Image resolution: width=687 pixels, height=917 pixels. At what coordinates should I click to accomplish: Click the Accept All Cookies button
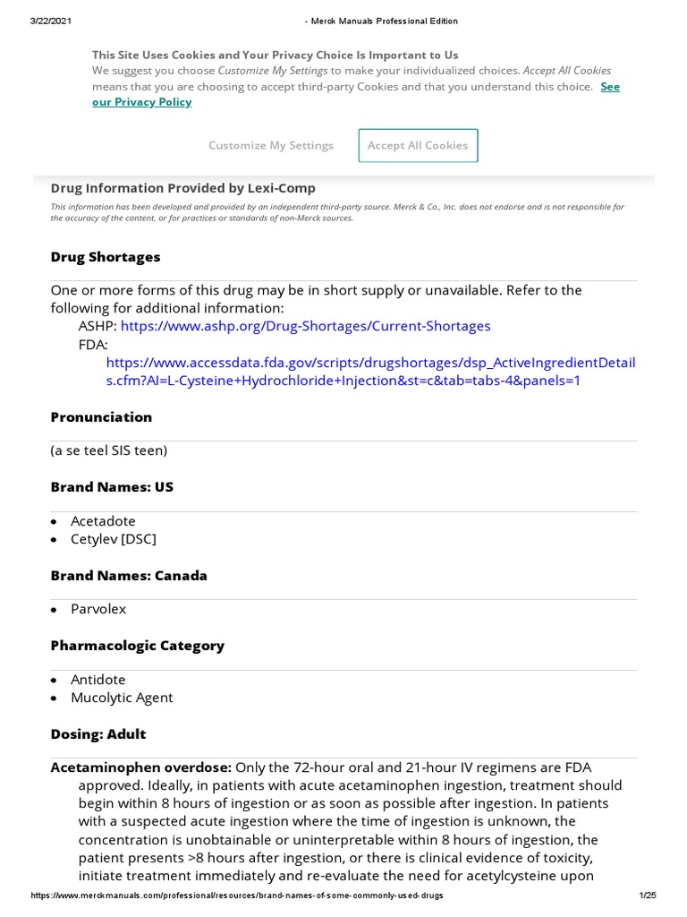coord(418,145)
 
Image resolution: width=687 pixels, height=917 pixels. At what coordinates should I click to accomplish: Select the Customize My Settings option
coord(271,145)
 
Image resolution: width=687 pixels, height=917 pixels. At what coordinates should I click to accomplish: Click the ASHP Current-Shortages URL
coord(305,326)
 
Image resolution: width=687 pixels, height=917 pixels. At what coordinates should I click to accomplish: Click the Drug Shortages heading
coord(106,257)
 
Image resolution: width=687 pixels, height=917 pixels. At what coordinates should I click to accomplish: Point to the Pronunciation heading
coord(101,417)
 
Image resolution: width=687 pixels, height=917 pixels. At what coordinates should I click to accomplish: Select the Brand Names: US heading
coord(112,487)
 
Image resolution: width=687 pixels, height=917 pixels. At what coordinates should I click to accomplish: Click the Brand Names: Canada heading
coord(129,576)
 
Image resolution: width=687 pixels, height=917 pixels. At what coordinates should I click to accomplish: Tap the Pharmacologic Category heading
coord(137,646)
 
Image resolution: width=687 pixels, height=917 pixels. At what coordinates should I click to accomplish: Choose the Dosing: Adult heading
coord(98,734)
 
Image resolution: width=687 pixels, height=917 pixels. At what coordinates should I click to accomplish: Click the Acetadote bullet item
coord(103,521)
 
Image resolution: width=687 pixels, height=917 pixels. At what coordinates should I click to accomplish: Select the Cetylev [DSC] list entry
coord(114,539)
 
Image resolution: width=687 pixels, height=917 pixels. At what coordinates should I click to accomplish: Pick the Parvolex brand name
coord(98,609)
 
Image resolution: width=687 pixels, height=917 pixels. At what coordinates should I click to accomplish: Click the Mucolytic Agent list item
coord(122,698)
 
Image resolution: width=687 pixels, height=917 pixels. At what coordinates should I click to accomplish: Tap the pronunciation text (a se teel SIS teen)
coord(109,450)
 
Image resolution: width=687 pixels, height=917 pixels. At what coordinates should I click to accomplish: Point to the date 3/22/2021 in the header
coord(51,21)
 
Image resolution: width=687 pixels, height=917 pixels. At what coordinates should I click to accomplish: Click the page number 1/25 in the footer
coord(648,896)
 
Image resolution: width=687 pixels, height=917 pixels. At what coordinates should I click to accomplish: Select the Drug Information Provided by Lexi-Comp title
coord(182,188)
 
